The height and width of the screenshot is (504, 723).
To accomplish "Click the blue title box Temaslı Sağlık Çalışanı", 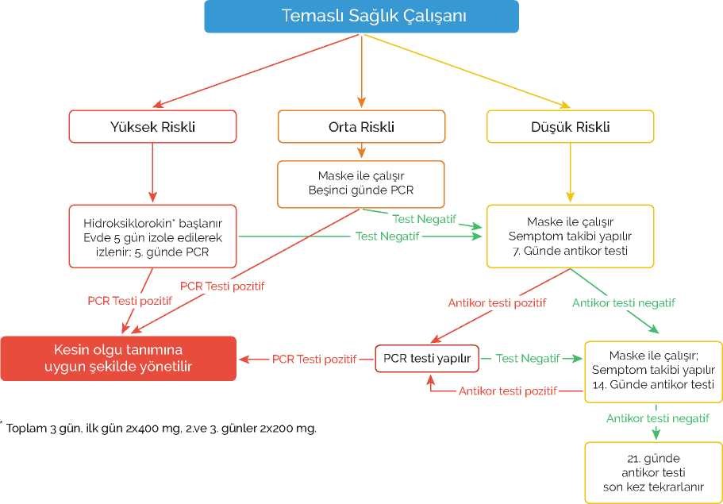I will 361,16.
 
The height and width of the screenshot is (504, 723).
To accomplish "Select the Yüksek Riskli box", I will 152,126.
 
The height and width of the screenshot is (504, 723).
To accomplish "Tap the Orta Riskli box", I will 361,126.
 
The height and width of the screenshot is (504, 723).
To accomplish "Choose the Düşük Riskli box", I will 570,126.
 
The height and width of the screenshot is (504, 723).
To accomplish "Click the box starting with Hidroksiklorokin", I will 152,236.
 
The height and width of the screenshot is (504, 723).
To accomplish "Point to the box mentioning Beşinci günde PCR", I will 361,183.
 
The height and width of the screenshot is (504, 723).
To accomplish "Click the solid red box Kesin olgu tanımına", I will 118,359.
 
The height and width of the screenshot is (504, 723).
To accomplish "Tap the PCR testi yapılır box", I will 427,359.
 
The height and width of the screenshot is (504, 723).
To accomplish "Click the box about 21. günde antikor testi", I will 653,472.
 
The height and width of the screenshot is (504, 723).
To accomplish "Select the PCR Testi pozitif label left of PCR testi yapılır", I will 313,359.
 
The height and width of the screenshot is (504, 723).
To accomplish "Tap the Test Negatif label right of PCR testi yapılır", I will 528,359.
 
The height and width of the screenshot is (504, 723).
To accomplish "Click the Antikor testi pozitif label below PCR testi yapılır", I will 507,391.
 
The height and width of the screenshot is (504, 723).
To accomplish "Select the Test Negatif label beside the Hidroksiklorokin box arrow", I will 387,236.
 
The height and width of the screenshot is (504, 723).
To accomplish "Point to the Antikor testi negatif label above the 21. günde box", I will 657,418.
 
